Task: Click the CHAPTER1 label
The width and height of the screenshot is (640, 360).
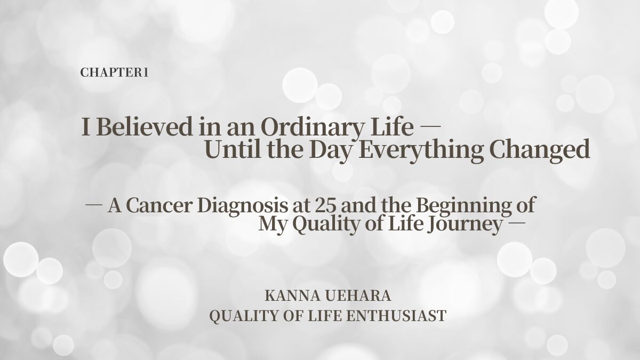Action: tap(114, 73)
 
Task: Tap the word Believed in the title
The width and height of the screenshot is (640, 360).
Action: tap(145, 126)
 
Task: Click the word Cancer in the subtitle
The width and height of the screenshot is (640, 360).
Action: tap(158, 205)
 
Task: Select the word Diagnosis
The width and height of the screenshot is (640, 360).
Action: tap(243, 206)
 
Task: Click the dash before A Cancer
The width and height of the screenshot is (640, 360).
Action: tap(94, 205)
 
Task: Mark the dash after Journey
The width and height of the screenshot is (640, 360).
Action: tap(517, 223)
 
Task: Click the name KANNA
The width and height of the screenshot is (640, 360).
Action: tap(292, 295)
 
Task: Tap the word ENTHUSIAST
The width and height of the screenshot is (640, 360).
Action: tap(396, 316)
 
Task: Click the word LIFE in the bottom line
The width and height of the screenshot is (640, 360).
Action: tap(325, 316)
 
